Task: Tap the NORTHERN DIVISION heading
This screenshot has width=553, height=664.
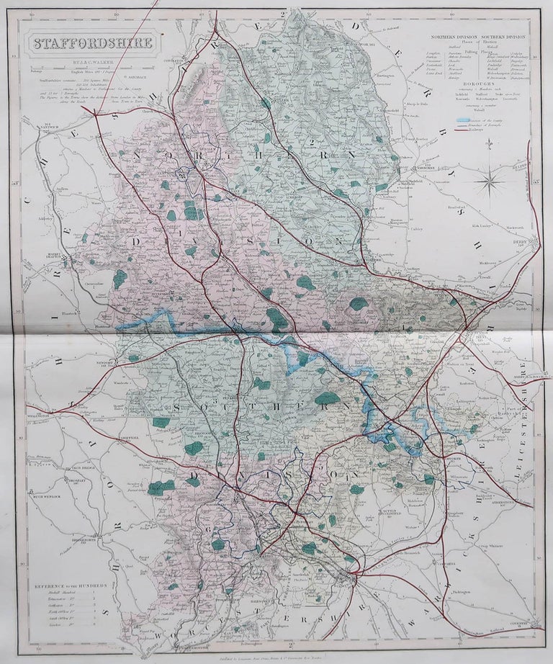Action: (x=449, y=35)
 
